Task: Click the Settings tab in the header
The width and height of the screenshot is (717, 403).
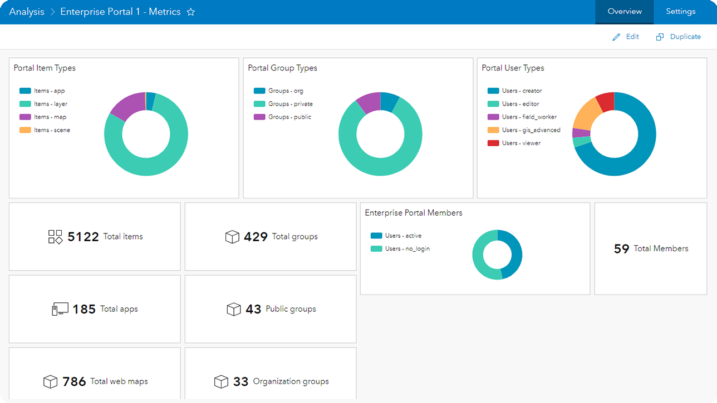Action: [x=680, y=12]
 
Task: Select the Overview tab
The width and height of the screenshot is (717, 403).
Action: [x=624, y=12]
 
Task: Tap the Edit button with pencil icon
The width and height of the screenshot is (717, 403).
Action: [x=626, y=37]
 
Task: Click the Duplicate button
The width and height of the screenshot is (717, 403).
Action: [x=679, y=37]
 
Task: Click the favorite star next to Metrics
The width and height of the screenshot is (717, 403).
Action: [x=191, y=12]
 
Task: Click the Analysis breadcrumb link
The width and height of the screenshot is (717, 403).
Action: [x=27, y=12]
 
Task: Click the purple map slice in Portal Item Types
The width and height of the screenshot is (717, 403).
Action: [x=126, y=106]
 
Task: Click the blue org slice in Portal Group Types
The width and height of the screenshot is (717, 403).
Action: [x=389, y=102]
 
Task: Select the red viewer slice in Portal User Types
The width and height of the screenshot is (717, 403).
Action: [x=606, y=102]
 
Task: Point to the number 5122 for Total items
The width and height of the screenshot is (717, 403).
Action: [x=83, y=237]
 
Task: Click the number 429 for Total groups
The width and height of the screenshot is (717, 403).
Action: [x=256, y=237]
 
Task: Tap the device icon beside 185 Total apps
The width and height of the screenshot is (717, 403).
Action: [x=60, y=309]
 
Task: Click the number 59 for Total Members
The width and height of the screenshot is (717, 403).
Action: [x=621, y=249]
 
